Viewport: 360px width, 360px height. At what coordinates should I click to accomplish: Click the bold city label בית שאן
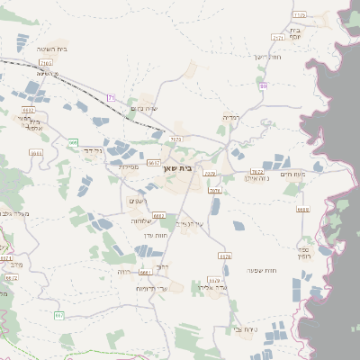tap(177, 167)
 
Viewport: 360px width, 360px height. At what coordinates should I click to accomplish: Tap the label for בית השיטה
tap(53, 49)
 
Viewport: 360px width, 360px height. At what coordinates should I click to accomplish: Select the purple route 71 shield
tap(111, 96)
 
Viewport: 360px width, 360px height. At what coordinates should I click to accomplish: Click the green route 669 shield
tap(72, 141)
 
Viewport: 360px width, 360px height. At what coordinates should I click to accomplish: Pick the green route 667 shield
tap(59, 315)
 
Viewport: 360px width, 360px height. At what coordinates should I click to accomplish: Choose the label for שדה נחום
tap(144, 109)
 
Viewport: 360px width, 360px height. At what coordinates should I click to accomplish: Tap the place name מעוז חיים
tap(293, 174)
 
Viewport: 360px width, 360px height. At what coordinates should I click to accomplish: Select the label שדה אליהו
tap(219, 288)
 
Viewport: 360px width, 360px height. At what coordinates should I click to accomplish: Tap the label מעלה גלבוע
tap(16, 213)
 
